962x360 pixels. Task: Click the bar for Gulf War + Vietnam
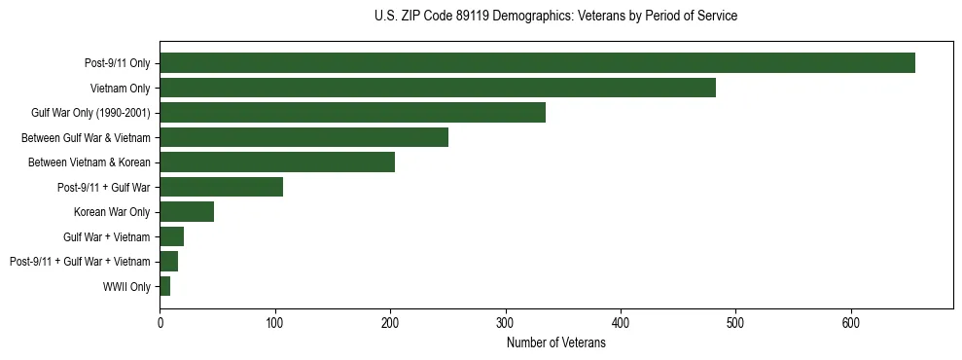tap(171, 236)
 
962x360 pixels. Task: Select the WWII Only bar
tap(164, 286)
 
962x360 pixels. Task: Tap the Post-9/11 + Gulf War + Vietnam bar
tap(168, 262)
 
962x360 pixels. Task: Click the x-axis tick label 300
tap(505, 322)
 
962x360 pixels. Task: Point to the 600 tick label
tap(850, 322)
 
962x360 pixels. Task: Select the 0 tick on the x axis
tap(160, 322)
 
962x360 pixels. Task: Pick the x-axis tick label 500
tap(735, 322)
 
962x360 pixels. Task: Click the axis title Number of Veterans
tap(555, 342)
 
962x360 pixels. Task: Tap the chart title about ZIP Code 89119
tap(555, 17)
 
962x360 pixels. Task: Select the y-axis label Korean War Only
tap(112, 212)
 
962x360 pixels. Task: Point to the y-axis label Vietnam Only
tap(121, 89)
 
